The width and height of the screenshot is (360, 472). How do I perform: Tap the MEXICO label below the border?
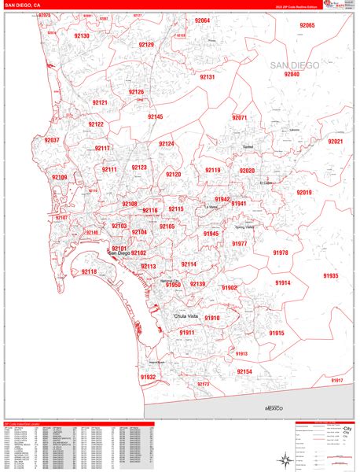tap(273, 409)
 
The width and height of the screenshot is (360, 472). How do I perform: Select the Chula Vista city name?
tap(189, 316)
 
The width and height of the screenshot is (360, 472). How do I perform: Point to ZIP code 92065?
tap(307, 26)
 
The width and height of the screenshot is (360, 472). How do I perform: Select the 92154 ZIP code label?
tap(244, 371)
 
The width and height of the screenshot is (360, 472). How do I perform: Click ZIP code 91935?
tap(330, 276)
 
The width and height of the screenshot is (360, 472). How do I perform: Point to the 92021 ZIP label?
tap(335, 142)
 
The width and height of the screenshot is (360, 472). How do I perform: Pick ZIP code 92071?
tap(240, 118)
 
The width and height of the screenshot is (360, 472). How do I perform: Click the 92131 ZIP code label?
tap(208, 77)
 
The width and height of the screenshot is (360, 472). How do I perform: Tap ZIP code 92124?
tap(167, 144)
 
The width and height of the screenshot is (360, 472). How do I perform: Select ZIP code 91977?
tap(239, 244)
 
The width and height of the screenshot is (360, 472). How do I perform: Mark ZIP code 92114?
tap(189, 264)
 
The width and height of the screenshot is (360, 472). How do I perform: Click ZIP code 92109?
tap(60, 178)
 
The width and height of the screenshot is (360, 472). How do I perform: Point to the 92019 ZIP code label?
tap(303, 193)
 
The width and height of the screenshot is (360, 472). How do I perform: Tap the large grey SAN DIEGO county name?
tap(295, 65)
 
